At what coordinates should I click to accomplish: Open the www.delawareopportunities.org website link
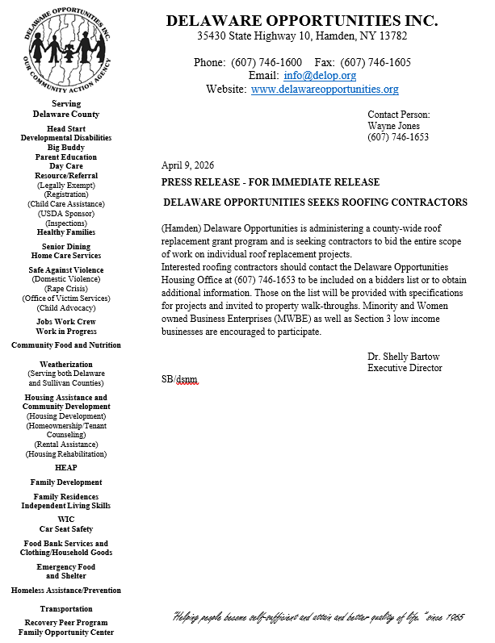coord(325,90)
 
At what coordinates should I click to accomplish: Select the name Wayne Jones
coord(393,126)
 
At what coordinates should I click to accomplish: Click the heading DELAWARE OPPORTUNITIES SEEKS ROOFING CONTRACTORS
coord(315,202)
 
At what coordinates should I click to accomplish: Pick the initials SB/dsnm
coord(179,379)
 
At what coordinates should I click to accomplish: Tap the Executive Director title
coord(405,368)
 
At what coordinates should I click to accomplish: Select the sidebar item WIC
coord(66,520)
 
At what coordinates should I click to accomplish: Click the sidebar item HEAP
coord(66,467)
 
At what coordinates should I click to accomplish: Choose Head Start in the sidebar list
coord(66,128)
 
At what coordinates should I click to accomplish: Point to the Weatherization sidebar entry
coord(66,365)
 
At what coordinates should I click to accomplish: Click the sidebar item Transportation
coord(66,608)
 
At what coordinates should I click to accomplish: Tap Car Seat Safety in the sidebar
coord(66,529)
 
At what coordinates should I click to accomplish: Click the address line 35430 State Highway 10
coord(302,36)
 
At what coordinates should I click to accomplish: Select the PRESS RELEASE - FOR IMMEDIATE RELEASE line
coord(271,182)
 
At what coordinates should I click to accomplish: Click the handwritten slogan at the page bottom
coord(319,618)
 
